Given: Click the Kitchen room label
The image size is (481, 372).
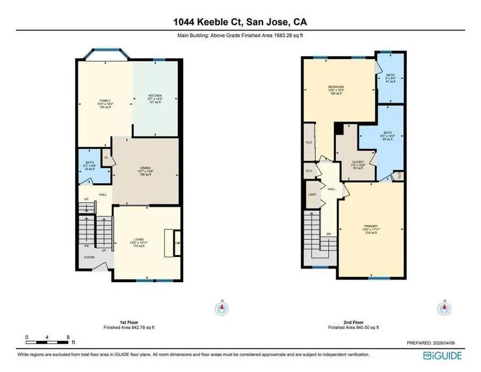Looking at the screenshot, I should [x=156, y=99].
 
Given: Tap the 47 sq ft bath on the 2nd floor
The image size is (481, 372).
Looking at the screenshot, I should [x=391, y=78].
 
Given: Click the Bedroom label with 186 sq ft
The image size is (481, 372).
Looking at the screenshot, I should [x=336, y=90].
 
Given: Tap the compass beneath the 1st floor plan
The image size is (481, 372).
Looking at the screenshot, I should [x=220, y=308].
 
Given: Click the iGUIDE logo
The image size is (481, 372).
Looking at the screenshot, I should [x=443, y=355].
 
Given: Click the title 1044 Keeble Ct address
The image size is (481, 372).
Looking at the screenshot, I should [x=240, y=22].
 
